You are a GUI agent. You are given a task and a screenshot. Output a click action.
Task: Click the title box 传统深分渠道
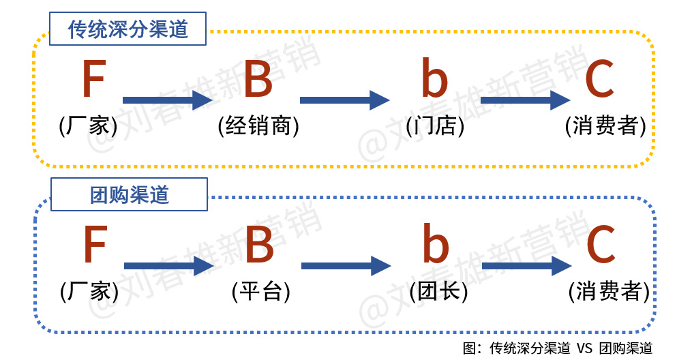click(127, 29)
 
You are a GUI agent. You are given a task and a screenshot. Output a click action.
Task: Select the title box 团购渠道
click(129, 194)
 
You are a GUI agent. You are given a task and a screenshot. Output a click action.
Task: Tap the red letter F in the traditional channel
click(94, 78)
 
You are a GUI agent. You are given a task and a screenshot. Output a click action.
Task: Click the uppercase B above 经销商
click(258, 78)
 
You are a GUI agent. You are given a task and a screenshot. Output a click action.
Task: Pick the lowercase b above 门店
click(435, 78)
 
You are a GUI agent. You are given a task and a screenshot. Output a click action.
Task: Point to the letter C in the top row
click(600, 78)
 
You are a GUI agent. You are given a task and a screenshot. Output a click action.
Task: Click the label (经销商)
click(258, 125)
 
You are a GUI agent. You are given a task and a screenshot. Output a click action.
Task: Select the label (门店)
click(435, 125)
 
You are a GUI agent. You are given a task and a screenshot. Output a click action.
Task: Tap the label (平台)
click(261, 291)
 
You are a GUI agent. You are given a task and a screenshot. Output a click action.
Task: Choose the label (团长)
click(438, 291)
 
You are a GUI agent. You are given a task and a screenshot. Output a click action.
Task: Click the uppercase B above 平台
click(260, 244)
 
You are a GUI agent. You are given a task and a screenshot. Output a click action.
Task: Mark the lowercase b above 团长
click(436, 243)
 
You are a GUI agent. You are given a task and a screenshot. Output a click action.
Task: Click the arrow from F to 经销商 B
click(168, 100)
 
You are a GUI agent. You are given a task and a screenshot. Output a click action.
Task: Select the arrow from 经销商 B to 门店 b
click(345, 100)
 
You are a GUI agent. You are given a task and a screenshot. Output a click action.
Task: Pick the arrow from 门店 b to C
click(526, 100)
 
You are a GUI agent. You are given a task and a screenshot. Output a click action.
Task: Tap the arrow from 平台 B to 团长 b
click(346, 266)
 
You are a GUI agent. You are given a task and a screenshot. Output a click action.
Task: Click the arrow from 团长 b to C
click(527, 266)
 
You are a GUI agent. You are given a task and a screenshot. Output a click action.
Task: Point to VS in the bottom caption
click(584, 348)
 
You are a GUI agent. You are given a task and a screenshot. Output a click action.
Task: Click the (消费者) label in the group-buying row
click(609, 291)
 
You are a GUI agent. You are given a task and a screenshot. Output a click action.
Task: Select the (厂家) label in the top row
click(88, 125)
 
